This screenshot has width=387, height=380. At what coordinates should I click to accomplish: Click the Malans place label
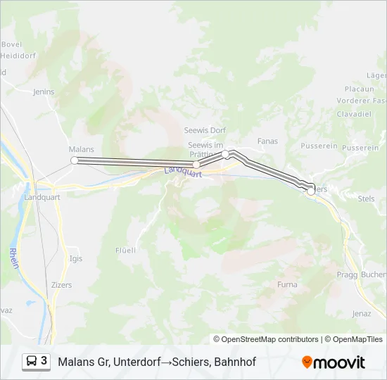pyautogui.click(x=81, y=149)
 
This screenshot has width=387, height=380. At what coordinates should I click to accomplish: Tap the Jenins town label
pyautogui.click(x=44, y=91)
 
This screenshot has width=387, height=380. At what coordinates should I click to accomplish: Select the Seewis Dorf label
pyautogui.click(x=205, y=130)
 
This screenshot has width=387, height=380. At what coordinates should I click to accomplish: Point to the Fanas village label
pyautogui.click(x=267, y=141)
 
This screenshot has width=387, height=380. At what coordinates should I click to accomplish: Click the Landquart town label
pyautogui.click(x=43, y=198)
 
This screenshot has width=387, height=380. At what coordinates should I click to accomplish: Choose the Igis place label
pyautogui.click(x=76, y=258)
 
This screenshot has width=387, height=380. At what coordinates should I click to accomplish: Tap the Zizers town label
pyautogui.click(x=61, y=285)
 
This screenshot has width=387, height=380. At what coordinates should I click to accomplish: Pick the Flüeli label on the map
pyautogui.click(x=125, y=250)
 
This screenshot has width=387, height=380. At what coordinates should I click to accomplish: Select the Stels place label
pyautogui.click(x=367, y=199)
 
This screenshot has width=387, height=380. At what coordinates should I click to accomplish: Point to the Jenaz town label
pyautogui.click(x=361, y=313)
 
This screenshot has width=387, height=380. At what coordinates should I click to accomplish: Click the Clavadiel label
pyautogui.click(x=353, y=114)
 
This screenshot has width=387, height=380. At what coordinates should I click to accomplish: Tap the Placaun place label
pyautogui.click(x=359, y=89)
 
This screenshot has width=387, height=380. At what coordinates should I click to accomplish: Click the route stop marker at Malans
pyautogui.click(x=75, y=160)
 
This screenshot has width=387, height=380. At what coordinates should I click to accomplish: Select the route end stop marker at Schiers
pyautogui.click(x=311, y=191)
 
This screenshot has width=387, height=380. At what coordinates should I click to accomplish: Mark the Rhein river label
pyautogui.click(x=15, y=259)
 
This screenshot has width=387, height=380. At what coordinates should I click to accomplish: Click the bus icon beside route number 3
pyautogui.click(x=32, y=361)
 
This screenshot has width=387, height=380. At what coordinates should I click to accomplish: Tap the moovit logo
pyautogui.click(x=334, y=362)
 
